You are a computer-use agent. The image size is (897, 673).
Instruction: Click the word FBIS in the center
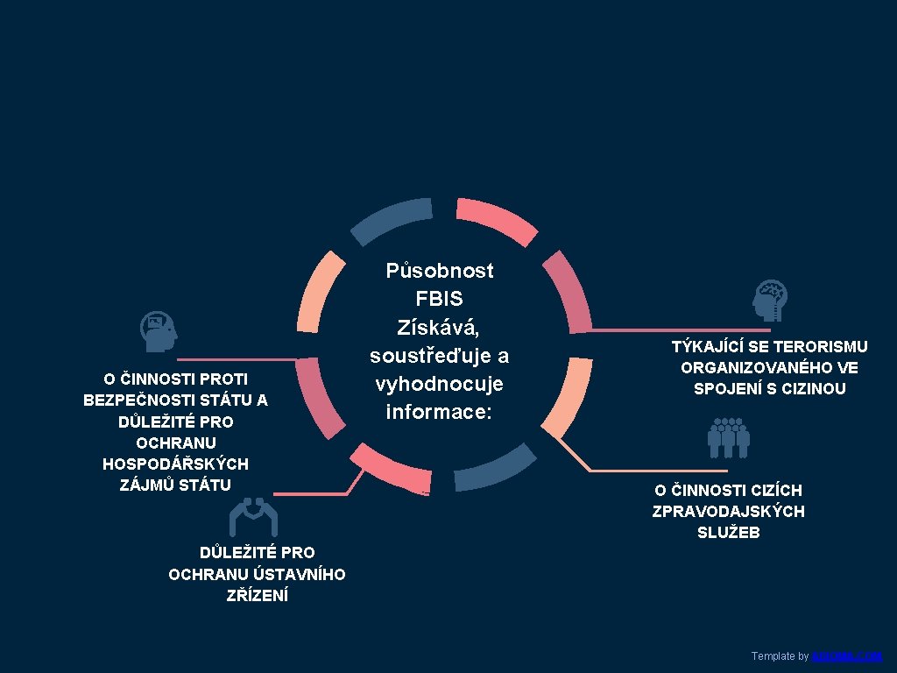pos(439,299)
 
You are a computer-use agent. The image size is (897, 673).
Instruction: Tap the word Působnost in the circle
pos(440,271)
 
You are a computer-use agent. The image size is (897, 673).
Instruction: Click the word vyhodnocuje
pos(439,384)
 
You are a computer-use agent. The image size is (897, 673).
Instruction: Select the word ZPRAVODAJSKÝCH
pos(728,511)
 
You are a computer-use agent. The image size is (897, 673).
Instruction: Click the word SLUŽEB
pos(728,532)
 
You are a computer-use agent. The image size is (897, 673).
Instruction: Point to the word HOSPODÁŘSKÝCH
pos(175,464)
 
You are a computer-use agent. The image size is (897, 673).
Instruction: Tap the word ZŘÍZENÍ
pos(257,596)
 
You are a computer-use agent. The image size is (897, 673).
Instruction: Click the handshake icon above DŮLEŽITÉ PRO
pos(253,516)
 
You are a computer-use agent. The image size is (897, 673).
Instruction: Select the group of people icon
pos(728,437)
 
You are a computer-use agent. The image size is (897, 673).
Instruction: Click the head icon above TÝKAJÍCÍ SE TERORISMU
pos(771,301)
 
